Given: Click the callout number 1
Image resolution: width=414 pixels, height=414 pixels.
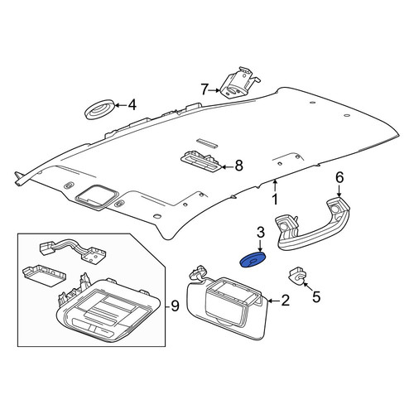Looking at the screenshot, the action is pos(275,200).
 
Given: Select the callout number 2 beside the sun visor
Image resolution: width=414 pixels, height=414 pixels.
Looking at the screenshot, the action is pos(285,301).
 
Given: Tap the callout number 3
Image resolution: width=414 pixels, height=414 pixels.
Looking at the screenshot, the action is pos(261,232).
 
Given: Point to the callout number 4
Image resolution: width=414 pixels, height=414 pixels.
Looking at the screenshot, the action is pos(132,105).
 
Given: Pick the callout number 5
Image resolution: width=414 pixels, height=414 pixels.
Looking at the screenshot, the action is pos(316,297).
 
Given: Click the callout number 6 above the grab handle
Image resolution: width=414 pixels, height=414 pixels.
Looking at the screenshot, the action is pos(339,177).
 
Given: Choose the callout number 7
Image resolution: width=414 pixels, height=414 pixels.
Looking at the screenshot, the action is pos(205,89).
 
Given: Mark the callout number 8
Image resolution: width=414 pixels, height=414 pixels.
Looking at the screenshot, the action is pos(238,166).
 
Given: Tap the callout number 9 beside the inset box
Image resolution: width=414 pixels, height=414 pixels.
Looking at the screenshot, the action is pos(175,306).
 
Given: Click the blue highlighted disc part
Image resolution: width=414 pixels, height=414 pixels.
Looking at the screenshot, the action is pos(253,260).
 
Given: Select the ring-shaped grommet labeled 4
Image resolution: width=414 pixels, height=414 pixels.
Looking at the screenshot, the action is pos(99,108).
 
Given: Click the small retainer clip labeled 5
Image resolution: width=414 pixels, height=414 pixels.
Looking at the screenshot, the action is pos(296,276).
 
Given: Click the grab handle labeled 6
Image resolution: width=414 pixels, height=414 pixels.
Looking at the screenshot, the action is pos(312,224).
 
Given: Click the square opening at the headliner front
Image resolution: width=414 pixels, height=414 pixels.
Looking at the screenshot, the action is pos(97,196).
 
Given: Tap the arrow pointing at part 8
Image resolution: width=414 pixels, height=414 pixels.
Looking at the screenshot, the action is pos(228,166).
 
